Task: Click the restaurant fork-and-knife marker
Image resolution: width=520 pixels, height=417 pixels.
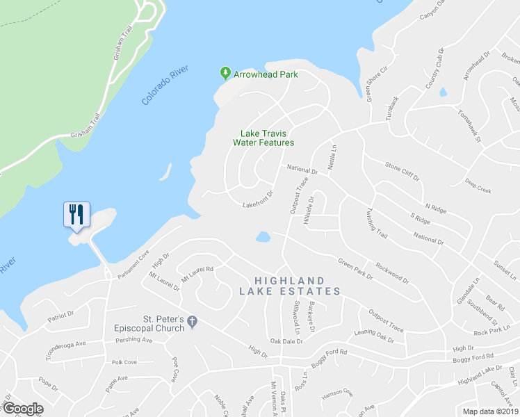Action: click(76, 213)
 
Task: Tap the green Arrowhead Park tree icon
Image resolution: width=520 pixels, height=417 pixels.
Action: click(225, 72)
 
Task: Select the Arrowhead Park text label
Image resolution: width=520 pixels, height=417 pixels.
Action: click(266, 73)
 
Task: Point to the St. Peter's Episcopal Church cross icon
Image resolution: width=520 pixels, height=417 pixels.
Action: click(193, 321)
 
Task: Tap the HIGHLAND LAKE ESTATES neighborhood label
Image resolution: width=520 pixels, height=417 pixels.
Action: click(290, 285)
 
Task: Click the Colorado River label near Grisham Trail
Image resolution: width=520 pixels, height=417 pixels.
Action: click(165, 87)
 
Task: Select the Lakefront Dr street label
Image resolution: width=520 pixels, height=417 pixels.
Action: click(257, 199)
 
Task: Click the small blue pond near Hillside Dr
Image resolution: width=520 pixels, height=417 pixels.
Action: click(263, 237)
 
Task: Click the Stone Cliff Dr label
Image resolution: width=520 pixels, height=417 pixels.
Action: click(403, 171)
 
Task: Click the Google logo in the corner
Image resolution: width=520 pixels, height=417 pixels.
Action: click(24, 409)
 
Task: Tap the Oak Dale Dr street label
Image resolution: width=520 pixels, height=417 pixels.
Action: click(288, 341)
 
